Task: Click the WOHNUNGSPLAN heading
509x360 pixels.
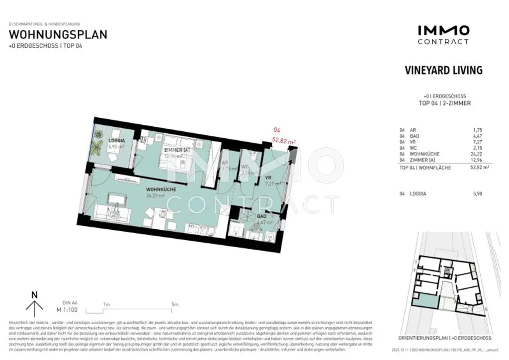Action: point(58,35)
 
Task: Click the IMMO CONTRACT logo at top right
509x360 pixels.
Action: point(443,35)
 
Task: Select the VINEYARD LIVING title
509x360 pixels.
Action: point(443,70)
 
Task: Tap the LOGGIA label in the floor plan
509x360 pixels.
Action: point(117,141)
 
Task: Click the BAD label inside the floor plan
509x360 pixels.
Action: point(261,216)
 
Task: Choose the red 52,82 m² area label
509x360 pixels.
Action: point(284,141)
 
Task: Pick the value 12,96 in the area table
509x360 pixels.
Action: point(476,161)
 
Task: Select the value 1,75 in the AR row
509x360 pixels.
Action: point(477,130)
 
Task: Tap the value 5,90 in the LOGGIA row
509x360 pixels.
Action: point(477,194)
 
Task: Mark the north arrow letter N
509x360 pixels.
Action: point(34,295)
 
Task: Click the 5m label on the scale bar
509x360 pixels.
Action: point(174,304)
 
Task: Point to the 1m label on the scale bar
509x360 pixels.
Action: point(106,304)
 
